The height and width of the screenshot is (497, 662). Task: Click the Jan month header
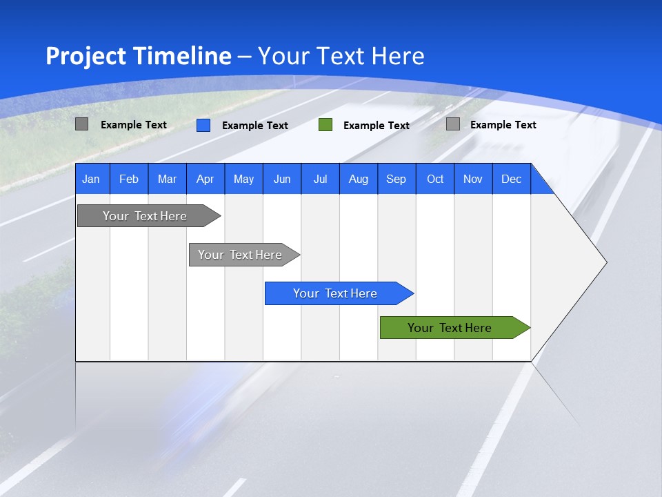click(91, 179)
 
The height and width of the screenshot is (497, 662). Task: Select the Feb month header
click(129, 179)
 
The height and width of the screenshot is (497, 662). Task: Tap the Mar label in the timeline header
click(167, 179)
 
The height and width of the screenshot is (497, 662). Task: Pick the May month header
click(243, 179)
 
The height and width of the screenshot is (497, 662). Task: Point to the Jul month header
click(320, 179)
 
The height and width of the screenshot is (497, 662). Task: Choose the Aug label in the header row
click(359, 179)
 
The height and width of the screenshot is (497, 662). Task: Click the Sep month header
click(397, 179)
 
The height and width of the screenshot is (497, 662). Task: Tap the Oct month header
click(435, 179)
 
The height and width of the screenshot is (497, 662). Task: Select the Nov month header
click(473, 179)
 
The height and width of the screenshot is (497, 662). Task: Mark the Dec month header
click(512, 179)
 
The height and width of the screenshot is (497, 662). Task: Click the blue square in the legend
click(203, 125)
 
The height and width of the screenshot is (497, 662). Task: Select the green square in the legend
click(325, 125)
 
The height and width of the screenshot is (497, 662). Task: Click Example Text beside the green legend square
click(377, 126)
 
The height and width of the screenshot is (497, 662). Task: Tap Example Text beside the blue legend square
click(255, 126)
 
